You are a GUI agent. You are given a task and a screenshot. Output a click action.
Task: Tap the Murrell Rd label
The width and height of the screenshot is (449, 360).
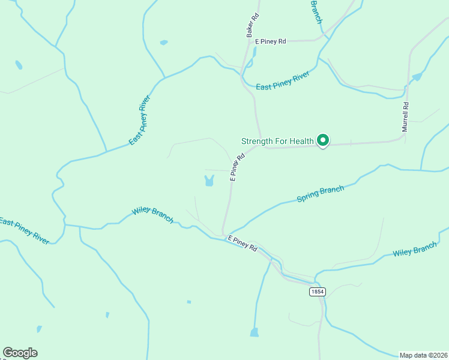pos(405,117)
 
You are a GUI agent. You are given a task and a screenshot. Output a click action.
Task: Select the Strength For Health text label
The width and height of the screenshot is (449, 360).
pos(277,141)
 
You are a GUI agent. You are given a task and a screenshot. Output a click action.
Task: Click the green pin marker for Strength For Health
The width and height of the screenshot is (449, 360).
pos(323,140)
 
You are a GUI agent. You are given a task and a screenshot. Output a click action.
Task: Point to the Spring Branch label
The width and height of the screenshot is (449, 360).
pos(321,194)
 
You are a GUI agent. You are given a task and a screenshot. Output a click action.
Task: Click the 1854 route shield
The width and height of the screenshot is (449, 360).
pos(318,292)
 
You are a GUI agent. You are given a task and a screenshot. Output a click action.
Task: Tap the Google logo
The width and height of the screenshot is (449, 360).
pos(20,353)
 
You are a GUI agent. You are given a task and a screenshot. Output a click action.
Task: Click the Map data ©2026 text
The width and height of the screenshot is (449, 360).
pos(424,355)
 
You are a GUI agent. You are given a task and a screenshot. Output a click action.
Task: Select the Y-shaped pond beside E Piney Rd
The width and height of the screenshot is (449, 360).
pos(209,180)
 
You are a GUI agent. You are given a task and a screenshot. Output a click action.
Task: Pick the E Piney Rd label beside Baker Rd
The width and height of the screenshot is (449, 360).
pos(271,41)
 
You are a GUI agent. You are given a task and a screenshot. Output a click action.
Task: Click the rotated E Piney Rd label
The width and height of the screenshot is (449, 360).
pos(238,167)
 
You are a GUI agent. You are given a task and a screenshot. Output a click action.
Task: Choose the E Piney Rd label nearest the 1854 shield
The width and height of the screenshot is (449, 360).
pos(242,243)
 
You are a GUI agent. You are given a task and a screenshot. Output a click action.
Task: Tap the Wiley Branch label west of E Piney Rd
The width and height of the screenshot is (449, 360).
pos(152,216)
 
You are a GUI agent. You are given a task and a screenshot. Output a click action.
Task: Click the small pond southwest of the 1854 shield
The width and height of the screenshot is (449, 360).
pos(254,332)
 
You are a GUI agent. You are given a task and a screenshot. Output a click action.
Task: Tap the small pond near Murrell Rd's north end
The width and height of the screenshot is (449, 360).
pos(417,77)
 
